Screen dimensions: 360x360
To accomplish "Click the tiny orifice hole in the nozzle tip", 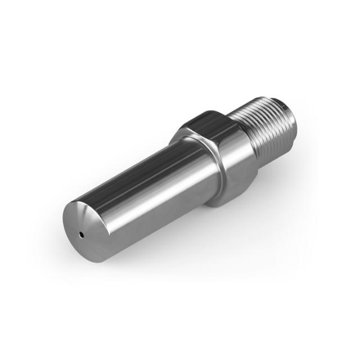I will coord(82,233).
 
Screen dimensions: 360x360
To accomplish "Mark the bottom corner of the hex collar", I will coord(217,202).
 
